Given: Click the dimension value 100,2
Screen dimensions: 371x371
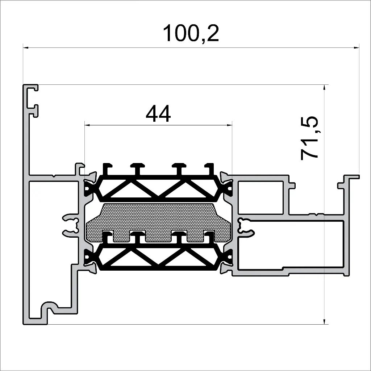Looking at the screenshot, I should pos(191,34).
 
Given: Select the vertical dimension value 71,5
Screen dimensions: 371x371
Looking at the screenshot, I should pos(310,138).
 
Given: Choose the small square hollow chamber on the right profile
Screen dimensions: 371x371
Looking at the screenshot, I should pos(260,197).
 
